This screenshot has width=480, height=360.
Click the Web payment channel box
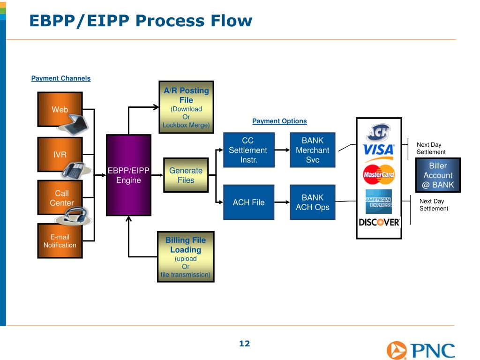tap(60, 109)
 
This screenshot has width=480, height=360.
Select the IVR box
tap(60, 154)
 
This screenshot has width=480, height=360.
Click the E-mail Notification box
tap(60, 241)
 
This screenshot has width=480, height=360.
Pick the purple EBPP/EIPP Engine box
tap(128, 175)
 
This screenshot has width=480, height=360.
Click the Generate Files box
tap(186, 175)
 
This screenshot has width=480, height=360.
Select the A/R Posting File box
tap(186, 107)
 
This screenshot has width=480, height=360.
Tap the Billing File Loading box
tap(186, 257)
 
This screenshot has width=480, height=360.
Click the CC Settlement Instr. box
tap(247, 150)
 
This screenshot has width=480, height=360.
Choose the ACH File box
tap(248, 202)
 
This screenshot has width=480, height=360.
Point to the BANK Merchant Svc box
tap(312, 150)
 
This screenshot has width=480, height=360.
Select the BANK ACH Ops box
tap(312, 202)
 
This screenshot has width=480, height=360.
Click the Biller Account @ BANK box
tap(438, 175)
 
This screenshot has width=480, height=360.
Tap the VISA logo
tap(379, 150)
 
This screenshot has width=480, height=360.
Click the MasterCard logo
tap(379, 175)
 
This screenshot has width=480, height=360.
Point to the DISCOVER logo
tap(379, 222)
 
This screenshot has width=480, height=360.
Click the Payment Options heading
tap(279, 121)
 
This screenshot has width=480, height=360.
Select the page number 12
tap(245, 344)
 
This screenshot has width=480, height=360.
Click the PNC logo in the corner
tap(420, 350)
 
